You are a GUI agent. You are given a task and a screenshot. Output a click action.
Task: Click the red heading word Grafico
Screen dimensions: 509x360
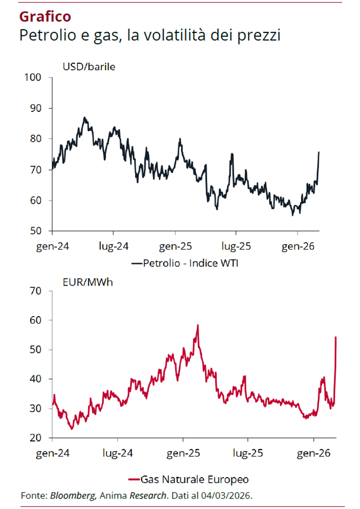pyautogui.click(x=45, y=17)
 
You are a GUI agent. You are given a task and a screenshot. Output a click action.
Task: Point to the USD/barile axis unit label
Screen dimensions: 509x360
pyautogui.click(x=89, y=68)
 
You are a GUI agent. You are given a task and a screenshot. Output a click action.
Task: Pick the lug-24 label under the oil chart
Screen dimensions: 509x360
pyautogui.click(x=113, y=246)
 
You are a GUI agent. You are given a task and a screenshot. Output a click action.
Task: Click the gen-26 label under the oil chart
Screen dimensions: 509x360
pyautogui.click(x=297, y=246)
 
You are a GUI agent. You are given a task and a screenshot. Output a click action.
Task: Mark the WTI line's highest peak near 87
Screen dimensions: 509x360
pyautogui.click(x=84, y=117)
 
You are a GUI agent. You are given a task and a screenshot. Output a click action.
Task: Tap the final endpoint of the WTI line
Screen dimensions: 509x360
pyautogui.click(x=319, y=152)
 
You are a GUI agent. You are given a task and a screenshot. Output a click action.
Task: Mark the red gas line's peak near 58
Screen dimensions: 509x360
pyautogui.click(x=198, y=325)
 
